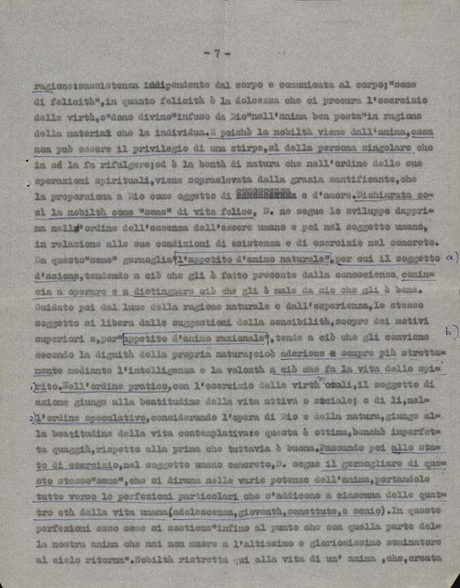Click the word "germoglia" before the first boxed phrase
(x=130, y=259)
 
